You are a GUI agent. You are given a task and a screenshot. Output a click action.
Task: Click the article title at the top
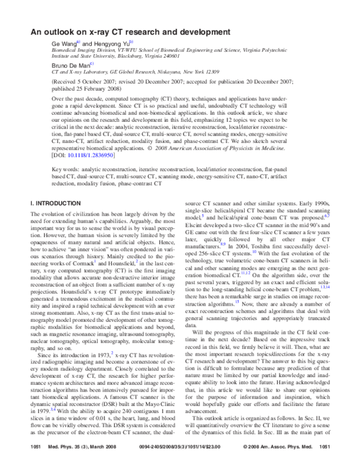[131, 31]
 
